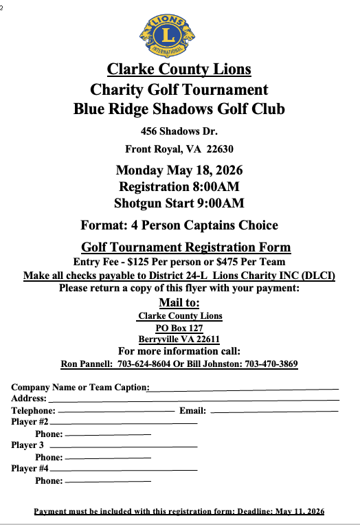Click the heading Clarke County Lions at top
pyautogui.click(x=179, y=69)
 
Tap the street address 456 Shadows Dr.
pyautogui.click(x=179, y=131)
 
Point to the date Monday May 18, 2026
pyautogui.click(x=179, y=170)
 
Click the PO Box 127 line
pyautogui.click(x=179, y=328)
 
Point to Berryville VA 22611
pyautogui.click(x=179, y=339)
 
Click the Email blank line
pyautogui.click(x=275, y=411)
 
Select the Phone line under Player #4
pyautogui.click(x=108, y=482)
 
